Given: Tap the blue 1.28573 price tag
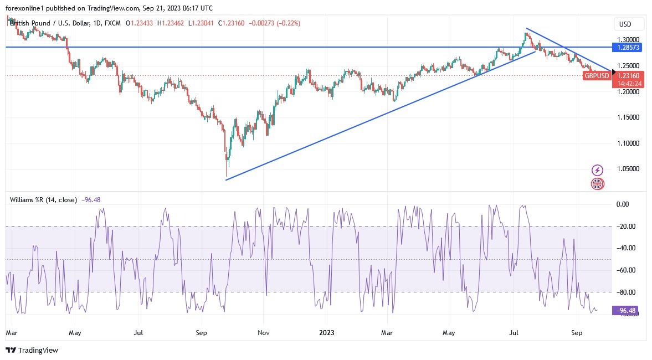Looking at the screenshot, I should coord(629,48).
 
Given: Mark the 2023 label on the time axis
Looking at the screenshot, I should coord(327,333).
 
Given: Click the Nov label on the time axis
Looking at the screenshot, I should coord(264,333).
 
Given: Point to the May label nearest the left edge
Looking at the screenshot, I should coord(75,333).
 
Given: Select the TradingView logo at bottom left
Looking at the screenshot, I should coord(32,350).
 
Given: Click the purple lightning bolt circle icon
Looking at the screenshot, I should coord(597,170).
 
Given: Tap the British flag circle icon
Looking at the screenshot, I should coord(597,184).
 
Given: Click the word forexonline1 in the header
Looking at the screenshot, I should coord(25,7).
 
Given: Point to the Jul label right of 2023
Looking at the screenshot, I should coord(514,333).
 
